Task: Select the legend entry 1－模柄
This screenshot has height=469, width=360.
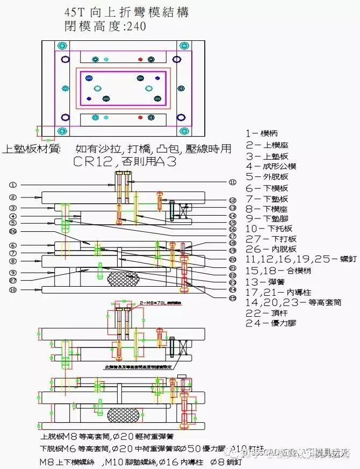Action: coord(262,133)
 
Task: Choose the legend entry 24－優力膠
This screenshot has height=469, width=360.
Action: coord(271,323)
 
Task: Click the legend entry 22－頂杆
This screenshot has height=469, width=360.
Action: coord(267,312)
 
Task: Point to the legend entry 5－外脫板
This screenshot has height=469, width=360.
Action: coord(267,176)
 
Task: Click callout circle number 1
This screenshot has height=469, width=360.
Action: coord(13,184)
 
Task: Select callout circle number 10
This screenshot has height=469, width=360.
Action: coord(13,290)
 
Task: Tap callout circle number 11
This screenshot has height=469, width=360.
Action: coord(232,182)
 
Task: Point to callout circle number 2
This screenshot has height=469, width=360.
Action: coord(13,198)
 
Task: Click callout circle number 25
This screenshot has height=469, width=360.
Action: coord(232,297)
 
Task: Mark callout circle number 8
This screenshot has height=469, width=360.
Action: coord(13,261)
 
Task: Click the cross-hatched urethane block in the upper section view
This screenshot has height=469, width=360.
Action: coord(123,279)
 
